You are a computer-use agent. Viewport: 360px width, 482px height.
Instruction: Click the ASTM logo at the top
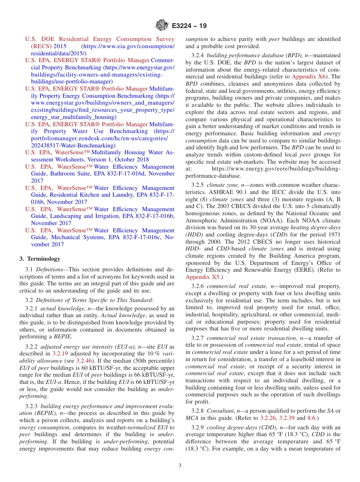pyautogui.click(x=162, y=26)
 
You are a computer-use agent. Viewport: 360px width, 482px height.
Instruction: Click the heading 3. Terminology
pyautogui.click(x=40, y=259)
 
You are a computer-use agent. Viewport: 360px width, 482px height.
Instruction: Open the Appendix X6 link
pyautogui.click(x=306, y=77)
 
